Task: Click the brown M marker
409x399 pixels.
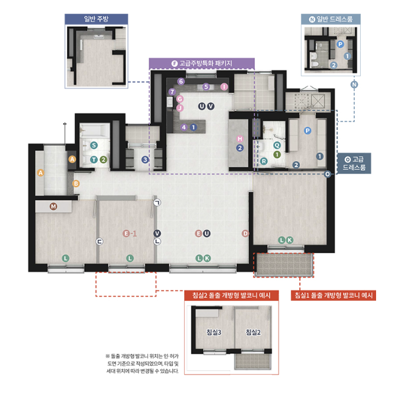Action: (x=53, y=206)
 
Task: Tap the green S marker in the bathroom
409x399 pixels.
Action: (x=93, y=145)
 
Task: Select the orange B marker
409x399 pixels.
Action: (x=76, y=183)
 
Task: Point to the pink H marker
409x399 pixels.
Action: (x=240, y=138)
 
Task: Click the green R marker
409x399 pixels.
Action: (x=264, y=161)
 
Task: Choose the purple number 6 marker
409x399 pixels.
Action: (x=180, y=81)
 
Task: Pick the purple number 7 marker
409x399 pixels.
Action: (x=172, y=92)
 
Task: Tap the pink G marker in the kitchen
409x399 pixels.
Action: (x=179, y=99)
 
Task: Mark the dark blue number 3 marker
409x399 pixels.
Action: (x=144, y=160)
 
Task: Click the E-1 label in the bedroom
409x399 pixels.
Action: (x=129, y=233)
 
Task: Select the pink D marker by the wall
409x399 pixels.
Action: (x=245, y=233)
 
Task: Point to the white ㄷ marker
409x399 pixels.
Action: (x=99, y=242)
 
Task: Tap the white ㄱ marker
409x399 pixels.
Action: (x=157, y=203)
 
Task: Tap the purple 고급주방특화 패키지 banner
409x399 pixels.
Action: (x=202, y=63)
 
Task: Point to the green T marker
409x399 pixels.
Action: (x=94, y=160)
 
